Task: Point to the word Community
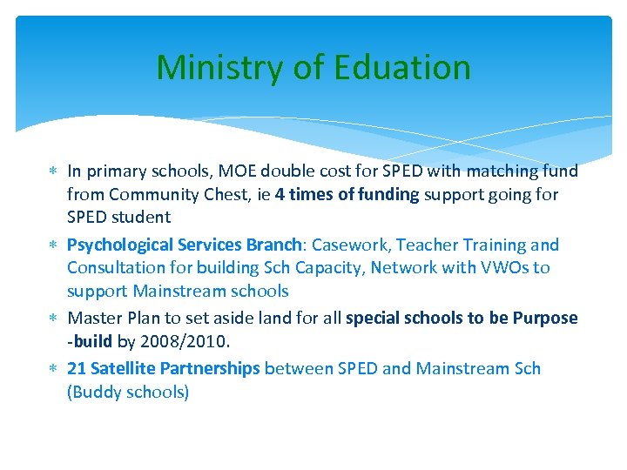pyautogui.click(x=152, y=194)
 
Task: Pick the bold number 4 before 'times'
pyautogui.click(x=280, y=194)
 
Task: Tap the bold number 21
pyautogui.click(x=77, y=368)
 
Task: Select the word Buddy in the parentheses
pyautogui.click(x=97, y=392)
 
